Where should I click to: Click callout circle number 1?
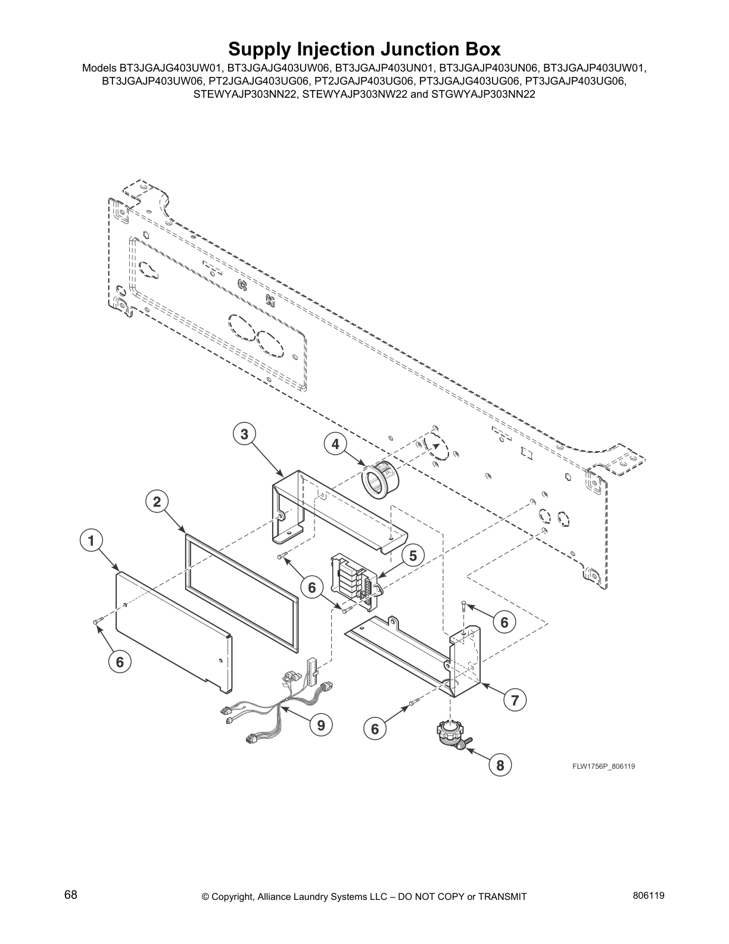click(x=91, y=541)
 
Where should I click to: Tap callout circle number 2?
click(x=157, y=502)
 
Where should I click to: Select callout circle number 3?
click(x=244, y=434)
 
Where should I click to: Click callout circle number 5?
click(x=413, y=555)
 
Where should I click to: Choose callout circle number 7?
click(x=515, y=700)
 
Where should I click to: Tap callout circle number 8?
click(x=500, y=765)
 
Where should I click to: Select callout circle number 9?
click(x=321, y=725)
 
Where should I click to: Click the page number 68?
click(x=71, y=895)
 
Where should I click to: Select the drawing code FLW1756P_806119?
click(x=603, y=766)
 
